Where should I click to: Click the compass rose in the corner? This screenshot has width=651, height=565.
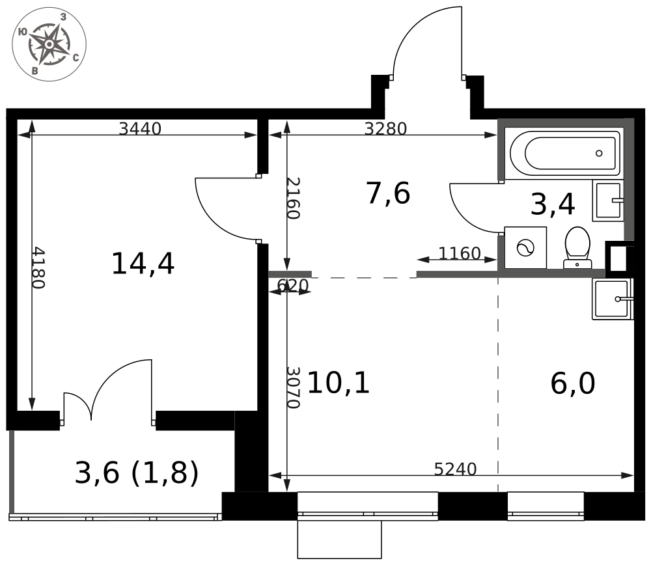(x=49, y=44)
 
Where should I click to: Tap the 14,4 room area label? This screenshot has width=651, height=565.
(x=143, y=264)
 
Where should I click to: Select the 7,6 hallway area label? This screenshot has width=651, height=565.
(x=388, y=193)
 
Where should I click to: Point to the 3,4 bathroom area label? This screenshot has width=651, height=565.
(x=553, y=204)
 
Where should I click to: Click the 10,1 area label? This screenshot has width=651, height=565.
(x=338, y=382)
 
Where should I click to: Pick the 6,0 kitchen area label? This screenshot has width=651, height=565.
(x=572, y=383)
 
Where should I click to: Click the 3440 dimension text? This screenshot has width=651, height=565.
(x=140, y=129)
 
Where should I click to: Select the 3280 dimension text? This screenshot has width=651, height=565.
(x=385, y=129)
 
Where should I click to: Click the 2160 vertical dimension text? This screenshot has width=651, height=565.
(x=293, y=198)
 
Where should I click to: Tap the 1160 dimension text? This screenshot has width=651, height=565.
(x=459, y=253)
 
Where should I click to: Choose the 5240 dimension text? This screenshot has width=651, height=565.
(x=455, y=469)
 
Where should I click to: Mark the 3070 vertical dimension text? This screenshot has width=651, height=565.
(x=293, y=387)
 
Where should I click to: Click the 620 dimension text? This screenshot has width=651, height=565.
(x=293, y=286)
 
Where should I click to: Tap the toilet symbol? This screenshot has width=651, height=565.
(x=577, y=247)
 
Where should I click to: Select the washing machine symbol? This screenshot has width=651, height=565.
(x=525, y=248)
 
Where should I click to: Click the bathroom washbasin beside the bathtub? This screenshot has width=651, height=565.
(x=608, y=201)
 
